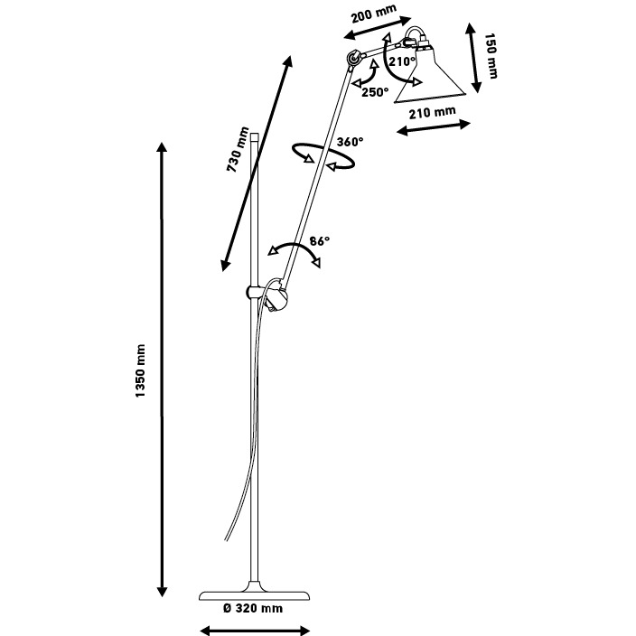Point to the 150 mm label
(x=491, y=55)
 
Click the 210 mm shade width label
(x=432, y=112)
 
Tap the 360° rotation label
(x=350, y=142)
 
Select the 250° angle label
(x=374, y=91)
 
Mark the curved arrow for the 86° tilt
(x=295, y=253)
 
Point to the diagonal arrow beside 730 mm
(x=257, y=163)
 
